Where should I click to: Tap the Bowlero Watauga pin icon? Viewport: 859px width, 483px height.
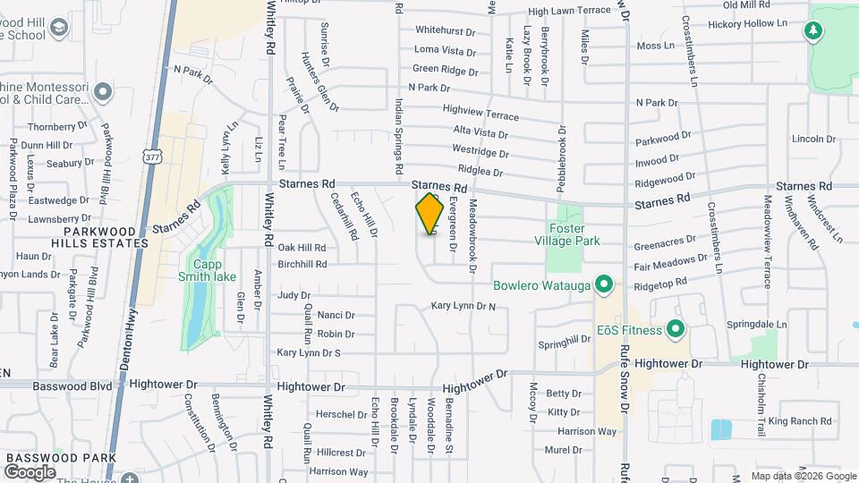coord(604,286)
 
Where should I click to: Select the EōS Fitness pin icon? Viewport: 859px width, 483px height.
coord(675,330)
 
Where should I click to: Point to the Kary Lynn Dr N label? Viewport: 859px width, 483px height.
coord(463,306)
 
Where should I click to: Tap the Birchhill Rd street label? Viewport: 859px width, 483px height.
coord(302,264)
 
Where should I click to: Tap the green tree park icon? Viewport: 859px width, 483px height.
coord(813,31)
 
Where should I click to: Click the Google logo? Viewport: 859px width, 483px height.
coord(30,470)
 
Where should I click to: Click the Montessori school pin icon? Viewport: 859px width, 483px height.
coord(104,91)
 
